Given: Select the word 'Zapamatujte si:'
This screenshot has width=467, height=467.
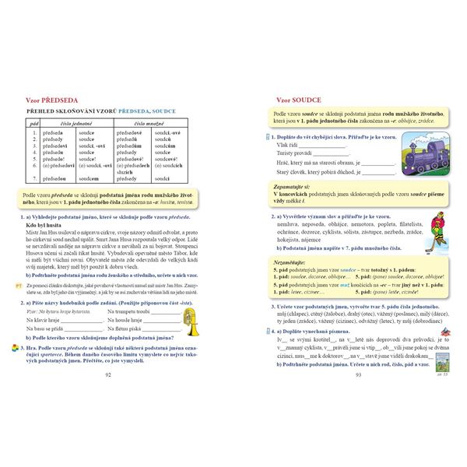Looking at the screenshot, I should pos(296,188).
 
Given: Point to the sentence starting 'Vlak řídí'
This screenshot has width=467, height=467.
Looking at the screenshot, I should pos(287,145).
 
